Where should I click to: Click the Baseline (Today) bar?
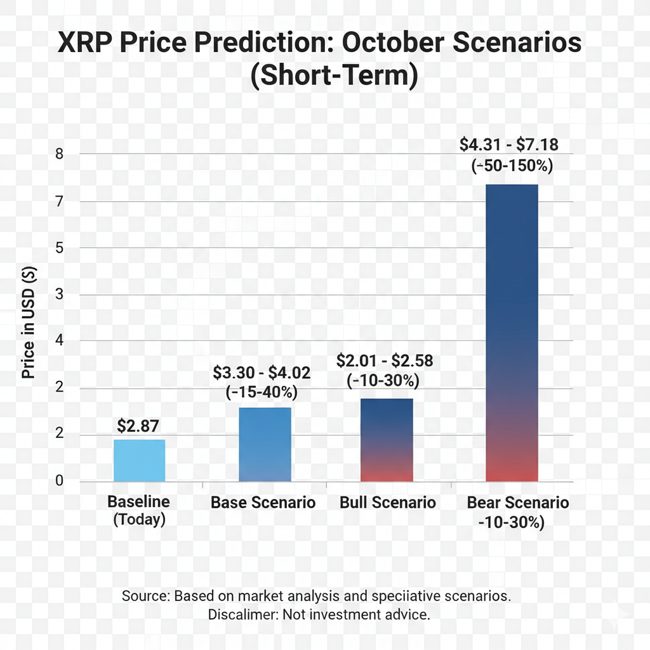(139, 460)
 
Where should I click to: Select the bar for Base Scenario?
(265, 444)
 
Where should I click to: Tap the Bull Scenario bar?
(387, 440)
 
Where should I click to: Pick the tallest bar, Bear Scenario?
(512, 333)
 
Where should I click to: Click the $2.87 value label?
(139, 426)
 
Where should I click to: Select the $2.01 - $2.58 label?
(385, 362)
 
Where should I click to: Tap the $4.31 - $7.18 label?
(509, 145)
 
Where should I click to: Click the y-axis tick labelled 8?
(59, 154)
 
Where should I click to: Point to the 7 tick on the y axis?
(59, 201)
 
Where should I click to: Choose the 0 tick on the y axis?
(59, 481)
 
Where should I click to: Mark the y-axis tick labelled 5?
(59, 248)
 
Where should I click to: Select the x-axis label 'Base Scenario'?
(263, 503)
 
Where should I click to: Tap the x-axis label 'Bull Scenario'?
(388, 503)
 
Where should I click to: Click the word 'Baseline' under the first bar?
(138, 501)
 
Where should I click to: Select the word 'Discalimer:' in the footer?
(243, 614)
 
